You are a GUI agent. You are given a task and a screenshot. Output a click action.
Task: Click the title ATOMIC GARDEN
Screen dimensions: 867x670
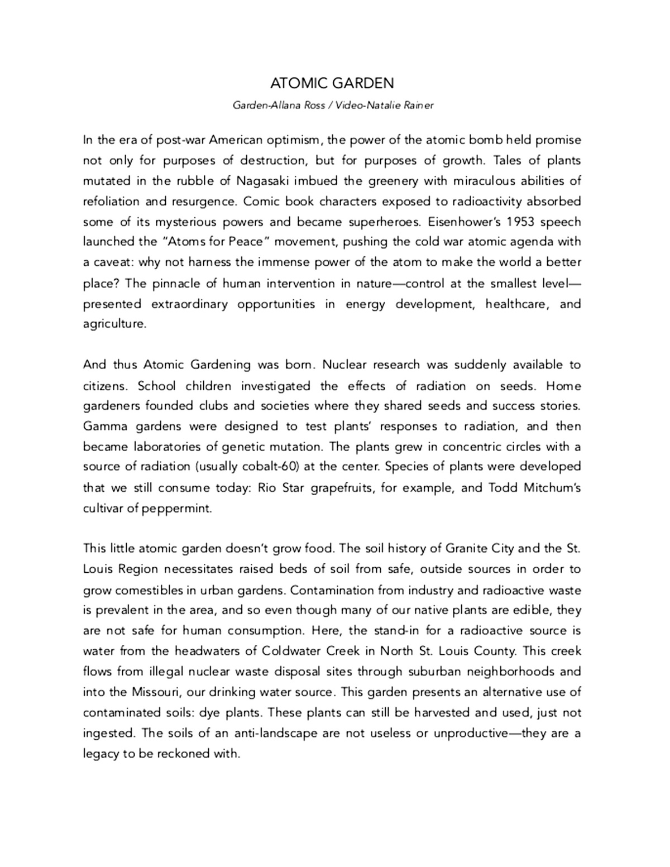[332, 84]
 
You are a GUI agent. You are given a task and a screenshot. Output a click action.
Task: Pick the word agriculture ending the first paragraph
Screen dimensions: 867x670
[114, 324]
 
